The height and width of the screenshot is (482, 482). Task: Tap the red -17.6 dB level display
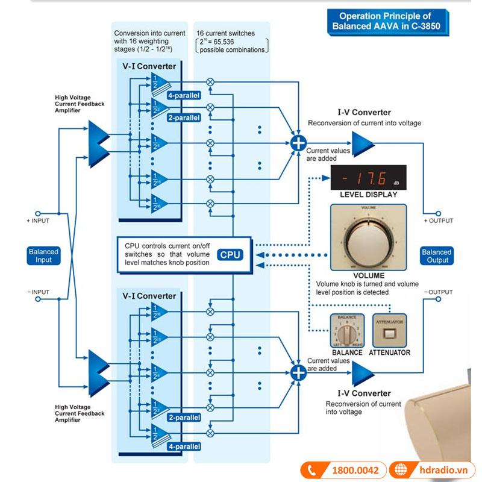pyautogui.click(x=368, y=179)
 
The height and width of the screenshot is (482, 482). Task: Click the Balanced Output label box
pyautogui.click(x=437, y=255)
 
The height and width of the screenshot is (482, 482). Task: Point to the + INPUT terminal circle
pyautogui.click(x=37, y=213)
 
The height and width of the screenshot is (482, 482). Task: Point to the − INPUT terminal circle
pyautogui.click(x=37, y=299)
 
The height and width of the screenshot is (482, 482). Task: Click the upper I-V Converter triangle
pyautogui.click(x=362, y=143)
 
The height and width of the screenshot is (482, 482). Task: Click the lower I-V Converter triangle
pyautogui.click(x=362, y=373)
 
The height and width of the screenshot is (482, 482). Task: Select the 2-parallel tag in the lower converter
pyautogui.click(x=184, y=418)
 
